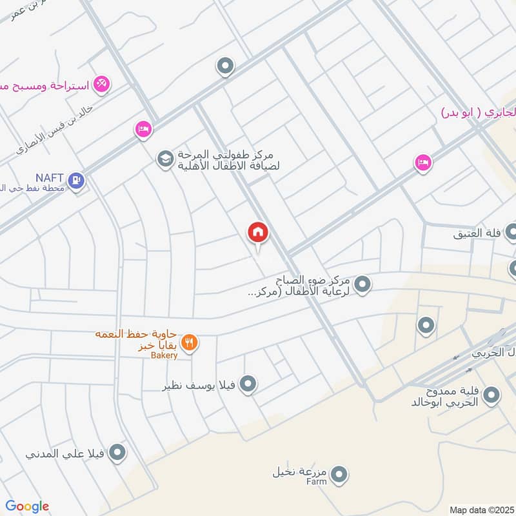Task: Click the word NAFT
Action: [x=50, y=176]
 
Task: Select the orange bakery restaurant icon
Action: [x=189, y=343]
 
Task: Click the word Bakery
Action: [x=164, y=355]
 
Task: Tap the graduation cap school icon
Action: [x=166, y=158]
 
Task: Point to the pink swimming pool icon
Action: [x=101, y=84]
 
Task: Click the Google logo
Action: [x=26, y=506]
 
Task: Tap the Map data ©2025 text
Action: [x=481, y=510]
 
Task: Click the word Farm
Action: [x=317, y=482]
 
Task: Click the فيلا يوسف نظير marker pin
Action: [x=248, y=385]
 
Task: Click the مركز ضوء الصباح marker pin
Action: [x=362, y=284]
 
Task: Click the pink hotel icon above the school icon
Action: [x=143, y=130]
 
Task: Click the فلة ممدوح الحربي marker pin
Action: [x=491, y=395]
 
